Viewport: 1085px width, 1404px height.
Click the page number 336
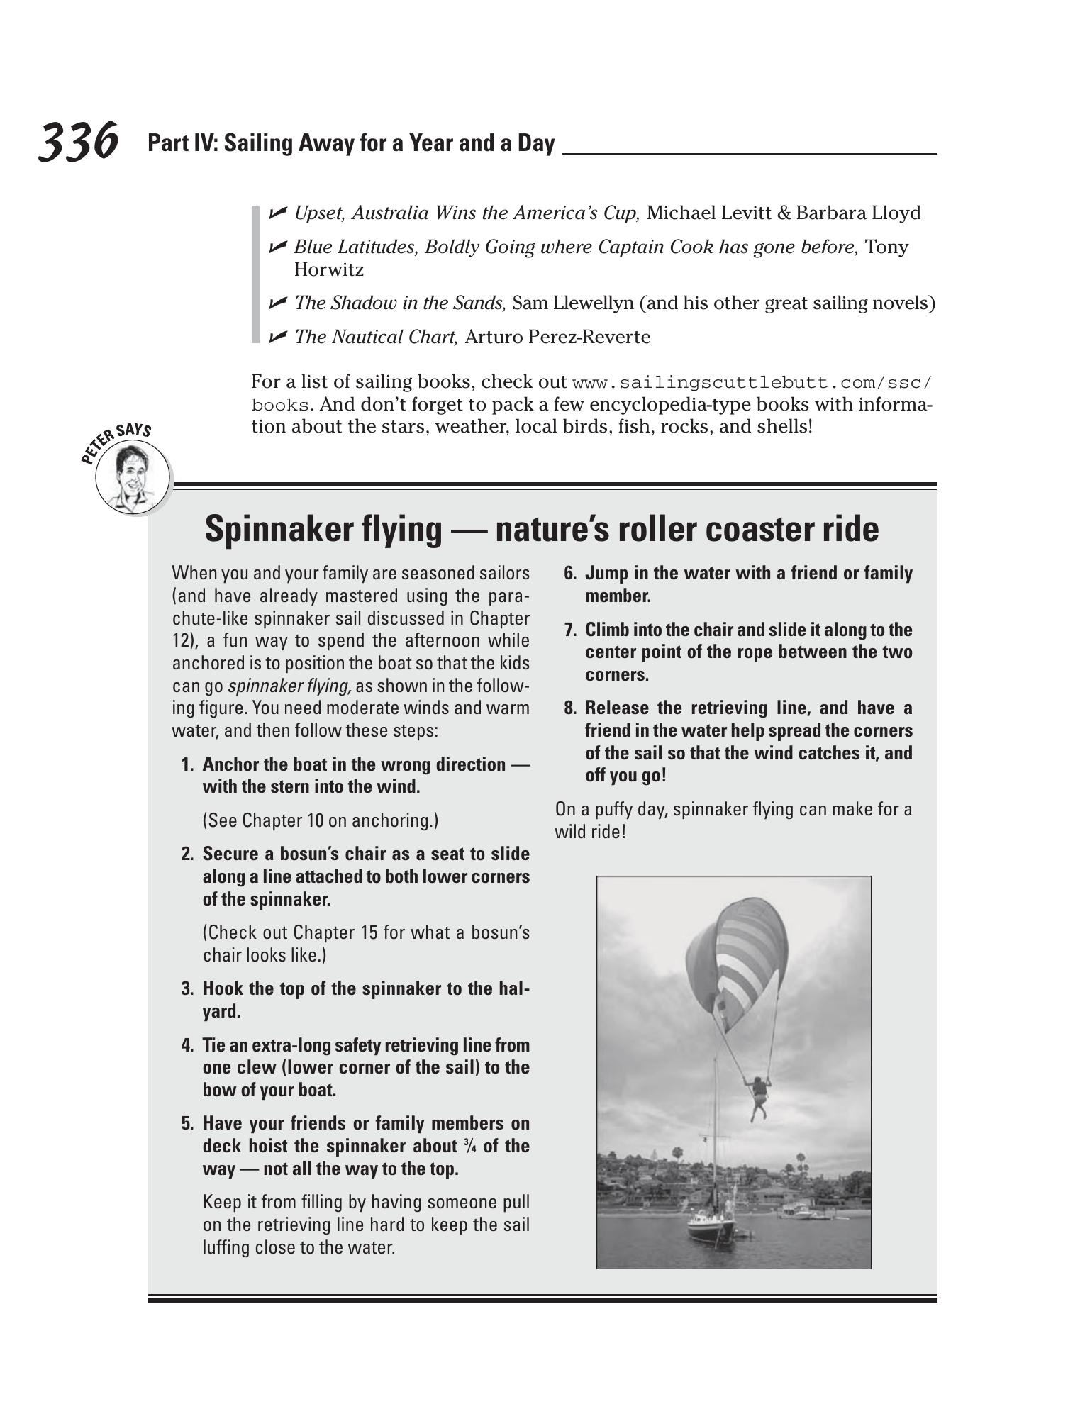coord(78,142)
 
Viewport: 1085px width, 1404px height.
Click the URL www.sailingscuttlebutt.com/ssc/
coord(752,383)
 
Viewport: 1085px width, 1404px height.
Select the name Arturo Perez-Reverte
coord(557,337)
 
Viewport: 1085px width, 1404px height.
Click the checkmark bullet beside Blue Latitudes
coord(277,247)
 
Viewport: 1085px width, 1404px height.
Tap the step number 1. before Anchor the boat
coord(187,764)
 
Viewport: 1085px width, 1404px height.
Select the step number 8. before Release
coord(570,708)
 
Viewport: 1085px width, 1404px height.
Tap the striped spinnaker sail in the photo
coord(745,957)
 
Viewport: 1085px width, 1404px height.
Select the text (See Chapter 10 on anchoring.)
coord(321,820)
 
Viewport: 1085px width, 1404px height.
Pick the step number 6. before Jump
coord(570,573)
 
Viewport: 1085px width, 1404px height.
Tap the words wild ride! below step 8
coord(590,832)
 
